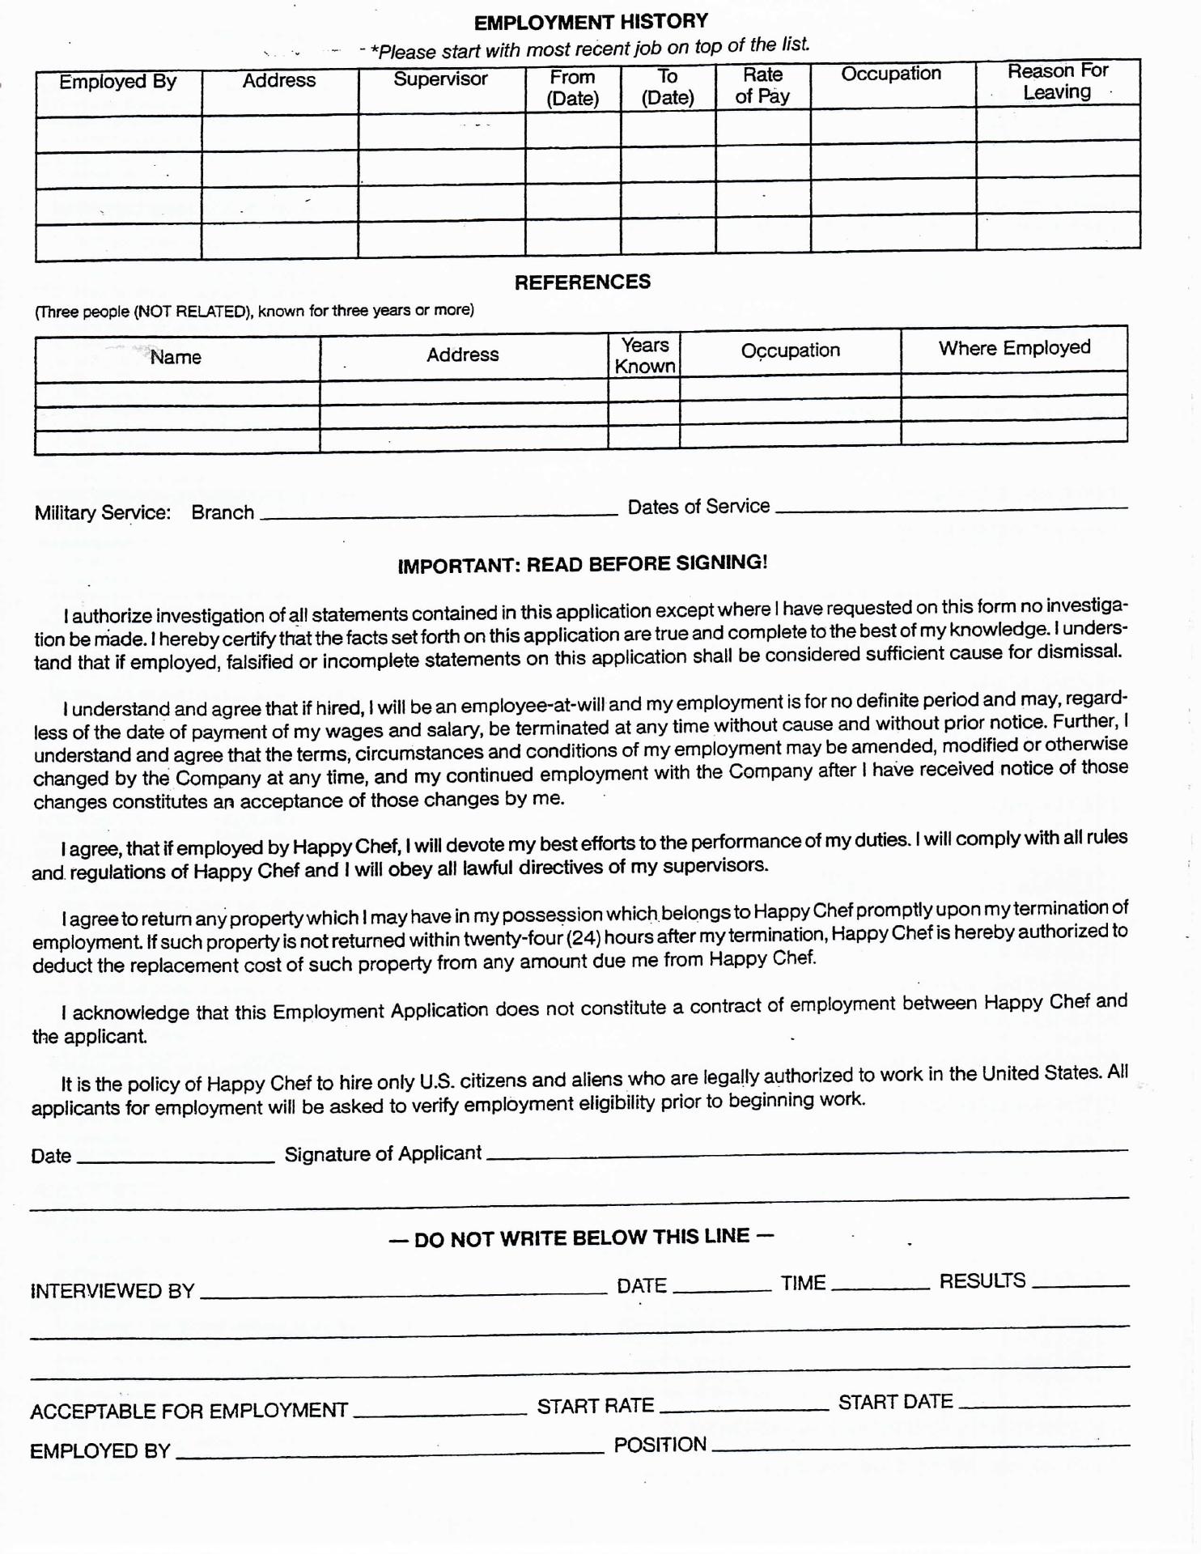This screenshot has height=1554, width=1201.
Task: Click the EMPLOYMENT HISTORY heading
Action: (591, 22)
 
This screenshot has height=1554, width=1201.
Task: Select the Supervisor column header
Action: (440, 79)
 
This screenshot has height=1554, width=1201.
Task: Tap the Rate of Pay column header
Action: (762, 86)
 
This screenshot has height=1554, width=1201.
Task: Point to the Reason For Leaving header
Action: (1058, 82)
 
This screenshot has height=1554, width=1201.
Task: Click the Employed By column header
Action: (117, 82)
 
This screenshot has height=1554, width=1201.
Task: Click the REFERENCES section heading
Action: (583, 282)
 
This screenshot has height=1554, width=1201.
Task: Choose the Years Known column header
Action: (645, 356)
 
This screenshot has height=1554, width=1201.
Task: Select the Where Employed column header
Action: (1014, 348)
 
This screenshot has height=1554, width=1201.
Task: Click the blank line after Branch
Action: (439, 512)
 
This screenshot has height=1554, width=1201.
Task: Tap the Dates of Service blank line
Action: (951, 507)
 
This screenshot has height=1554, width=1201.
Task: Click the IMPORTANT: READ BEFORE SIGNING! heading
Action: (583, 563)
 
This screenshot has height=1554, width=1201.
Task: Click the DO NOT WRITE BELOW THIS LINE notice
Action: (582, 1238)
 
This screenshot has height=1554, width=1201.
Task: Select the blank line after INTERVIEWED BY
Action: (403, 1292)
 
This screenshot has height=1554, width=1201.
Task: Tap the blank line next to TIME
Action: (881, 1286)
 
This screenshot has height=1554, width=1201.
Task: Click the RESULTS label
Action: (982, 1281)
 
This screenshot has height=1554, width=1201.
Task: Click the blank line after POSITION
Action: (920, 1447)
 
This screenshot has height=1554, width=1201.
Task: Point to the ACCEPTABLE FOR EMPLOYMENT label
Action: (189, 1412)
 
